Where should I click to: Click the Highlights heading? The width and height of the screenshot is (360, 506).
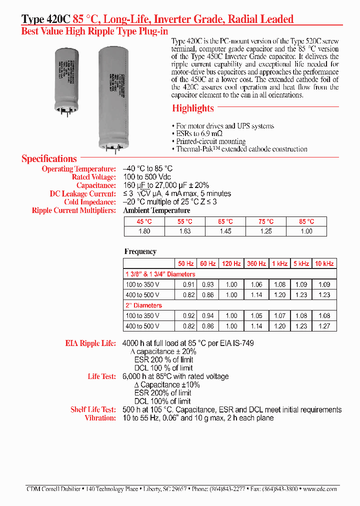[192, 108]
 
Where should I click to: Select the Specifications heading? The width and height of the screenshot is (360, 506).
[49, 159]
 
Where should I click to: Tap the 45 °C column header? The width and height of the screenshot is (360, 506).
[143, 221]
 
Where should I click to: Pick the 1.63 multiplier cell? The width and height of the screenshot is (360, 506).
[184, 231]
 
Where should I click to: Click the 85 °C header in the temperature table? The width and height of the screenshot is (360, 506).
[306, 221]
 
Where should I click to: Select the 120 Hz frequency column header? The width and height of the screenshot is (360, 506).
[231, 263]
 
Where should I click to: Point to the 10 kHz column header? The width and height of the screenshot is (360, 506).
[324, 263]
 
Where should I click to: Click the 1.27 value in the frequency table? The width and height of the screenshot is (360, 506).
[324, 326]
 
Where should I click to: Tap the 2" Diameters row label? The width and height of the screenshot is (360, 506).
[143, 305]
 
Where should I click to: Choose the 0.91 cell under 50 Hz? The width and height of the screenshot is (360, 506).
[185, 284]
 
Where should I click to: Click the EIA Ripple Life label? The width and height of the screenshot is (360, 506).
[90, 343]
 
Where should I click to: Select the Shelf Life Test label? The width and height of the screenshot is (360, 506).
[93, 409]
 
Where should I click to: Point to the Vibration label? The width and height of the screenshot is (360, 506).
[100, 418]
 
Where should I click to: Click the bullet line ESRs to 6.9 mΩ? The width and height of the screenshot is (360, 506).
[199, 134]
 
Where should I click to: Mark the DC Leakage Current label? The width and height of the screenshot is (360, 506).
[82, 193]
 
